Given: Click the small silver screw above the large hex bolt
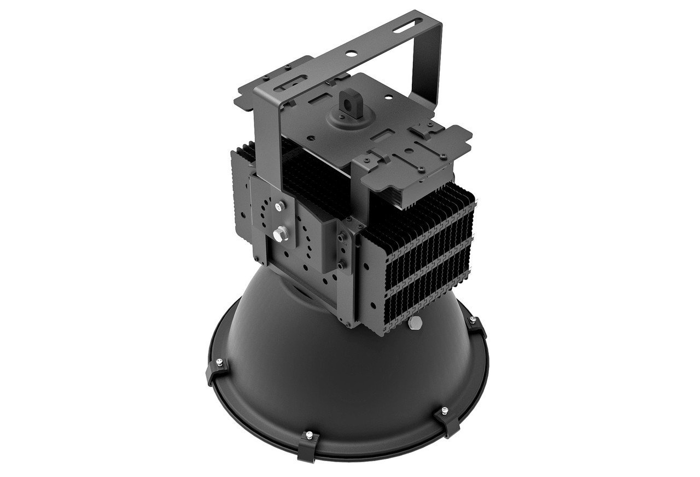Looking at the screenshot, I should (x=280, y=206).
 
